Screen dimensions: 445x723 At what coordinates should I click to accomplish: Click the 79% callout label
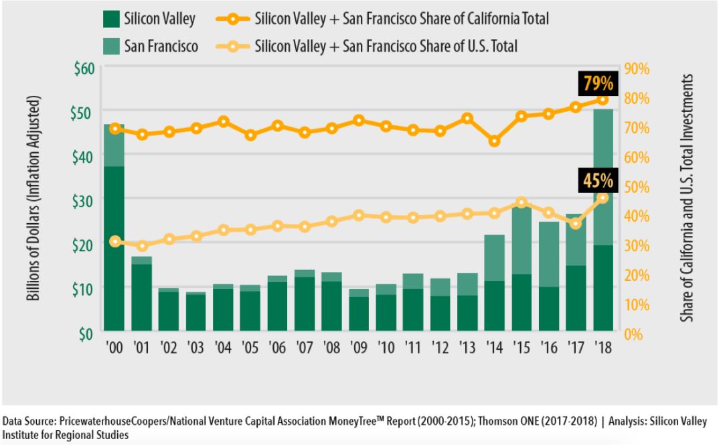(x=598, y=84)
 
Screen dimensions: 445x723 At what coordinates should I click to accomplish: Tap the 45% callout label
(x=598, y=181)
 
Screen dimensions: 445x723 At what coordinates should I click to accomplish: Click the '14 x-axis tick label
(x=494, y=349)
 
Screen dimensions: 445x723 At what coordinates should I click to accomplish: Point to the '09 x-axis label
(x=359, y=349)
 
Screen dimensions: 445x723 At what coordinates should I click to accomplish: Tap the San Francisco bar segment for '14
(x=494, y=257)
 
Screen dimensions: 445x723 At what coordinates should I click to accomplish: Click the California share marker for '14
(x=494, y=141)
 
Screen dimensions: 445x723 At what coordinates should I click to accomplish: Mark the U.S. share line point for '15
(x=521, y=202)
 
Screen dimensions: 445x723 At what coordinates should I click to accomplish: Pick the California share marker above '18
(x=602, y=100)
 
